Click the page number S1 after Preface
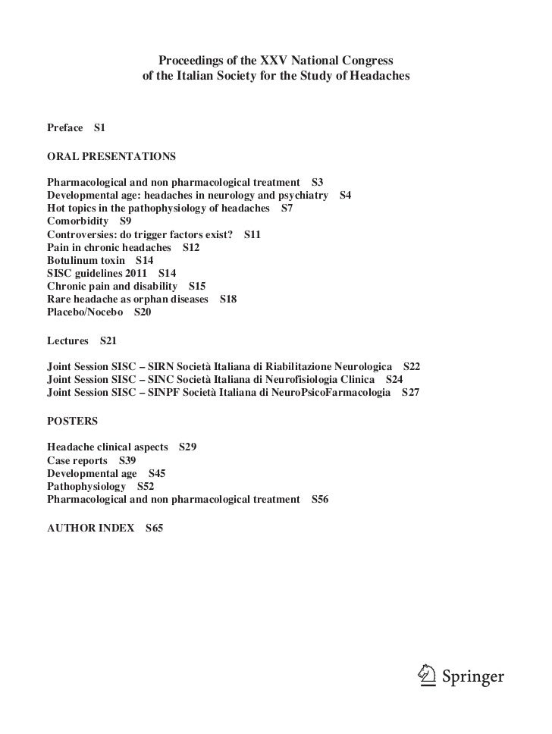(99, 127)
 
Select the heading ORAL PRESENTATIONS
(111, 157)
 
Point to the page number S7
(287, 208)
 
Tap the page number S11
(252, 234)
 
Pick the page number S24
(394, 379)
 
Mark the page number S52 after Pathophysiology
(145, 486)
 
